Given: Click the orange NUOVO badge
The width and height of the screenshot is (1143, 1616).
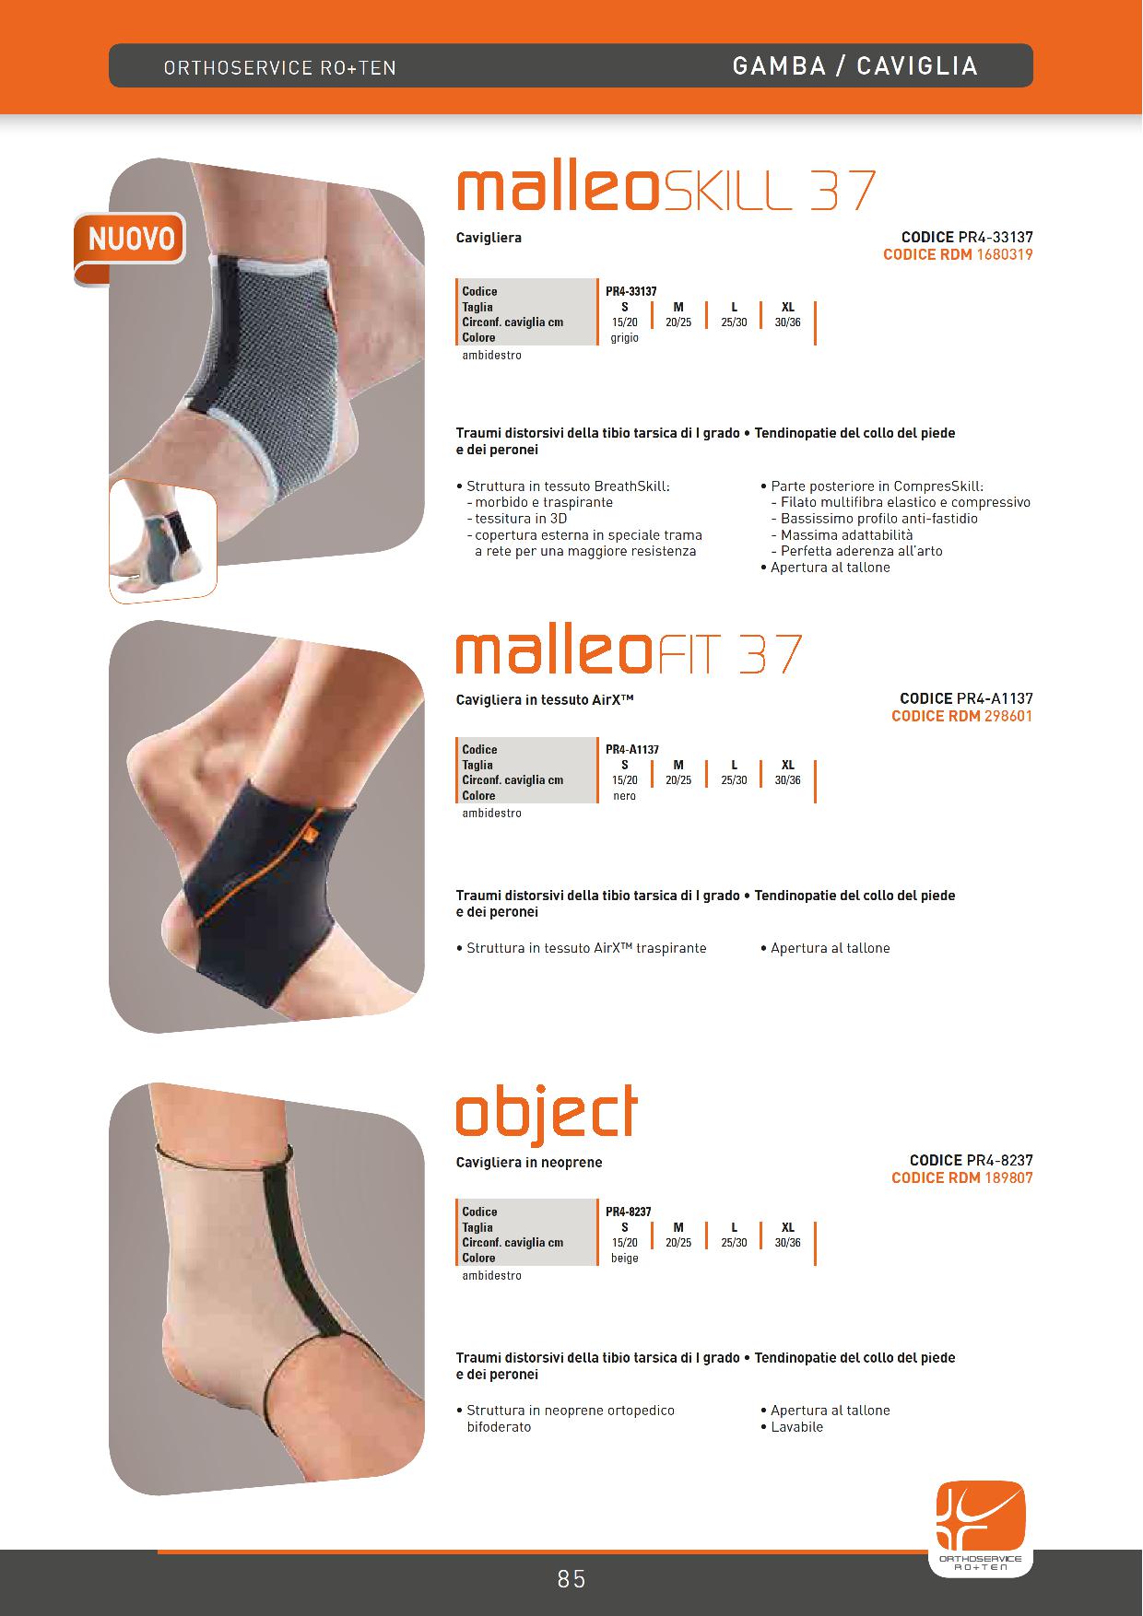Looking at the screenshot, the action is (x=130, y=242).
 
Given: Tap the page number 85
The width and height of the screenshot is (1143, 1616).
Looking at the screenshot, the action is (x=571, y=1579).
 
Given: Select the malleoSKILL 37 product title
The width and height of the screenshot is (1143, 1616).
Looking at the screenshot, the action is (x=666, y=190).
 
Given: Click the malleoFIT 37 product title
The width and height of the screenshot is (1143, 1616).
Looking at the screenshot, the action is (x=629, y=652).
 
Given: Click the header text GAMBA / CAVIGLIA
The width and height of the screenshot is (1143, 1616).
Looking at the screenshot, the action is (x=854, y=65).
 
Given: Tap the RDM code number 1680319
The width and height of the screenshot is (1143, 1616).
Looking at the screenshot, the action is (x=1004, y=255).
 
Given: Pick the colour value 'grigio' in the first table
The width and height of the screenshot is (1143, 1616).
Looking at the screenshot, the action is (x=624, y=338).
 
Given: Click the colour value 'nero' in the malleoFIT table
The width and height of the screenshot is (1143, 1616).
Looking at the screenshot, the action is (x=624, y=796).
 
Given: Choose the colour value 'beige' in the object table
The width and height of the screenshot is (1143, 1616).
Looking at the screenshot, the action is (x=624, y=1259).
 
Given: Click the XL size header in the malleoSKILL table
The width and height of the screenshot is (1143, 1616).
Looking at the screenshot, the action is (x=788, y=307).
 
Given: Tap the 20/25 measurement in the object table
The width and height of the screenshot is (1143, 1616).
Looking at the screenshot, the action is (x=678, y=1243).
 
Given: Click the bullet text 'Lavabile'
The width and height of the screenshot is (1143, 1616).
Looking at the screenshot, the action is (x=797, y=1427).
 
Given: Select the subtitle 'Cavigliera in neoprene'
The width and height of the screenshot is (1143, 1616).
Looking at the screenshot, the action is (x=529, y=1163).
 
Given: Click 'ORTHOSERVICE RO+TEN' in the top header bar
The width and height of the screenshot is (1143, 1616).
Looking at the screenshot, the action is (x=280, y=68).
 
